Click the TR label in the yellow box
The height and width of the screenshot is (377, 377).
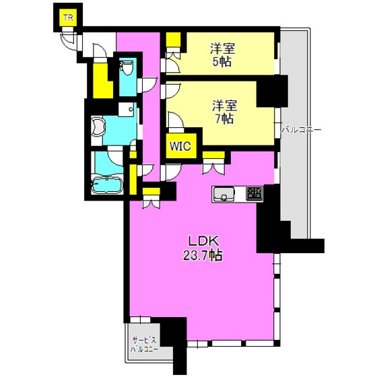[x=68, y=18]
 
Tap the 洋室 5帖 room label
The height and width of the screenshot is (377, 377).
[x=222, y=55]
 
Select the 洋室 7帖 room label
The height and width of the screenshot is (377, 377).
[x=224, y=112]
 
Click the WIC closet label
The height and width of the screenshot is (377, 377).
[x=180, y=146]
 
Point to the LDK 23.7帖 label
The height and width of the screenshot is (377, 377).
[x=203, y=248]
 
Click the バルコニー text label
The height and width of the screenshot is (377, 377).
[x=302, y=130]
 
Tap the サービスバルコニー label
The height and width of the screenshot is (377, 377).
[x=145, y=345]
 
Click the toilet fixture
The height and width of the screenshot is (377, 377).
[x=127, y=67]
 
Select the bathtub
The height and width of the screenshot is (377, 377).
[x=107, y=185]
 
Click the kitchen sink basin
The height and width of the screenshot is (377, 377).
[x=224, y=193]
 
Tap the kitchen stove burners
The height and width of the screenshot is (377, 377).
[x=254, y=194]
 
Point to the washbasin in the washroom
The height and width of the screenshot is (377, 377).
[x=98, y=126]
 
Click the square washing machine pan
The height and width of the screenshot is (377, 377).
[x=127, y=109]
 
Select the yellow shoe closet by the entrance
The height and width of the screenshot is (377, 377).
[x=102, y=81]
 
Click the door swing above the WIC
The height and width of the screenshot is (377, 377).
[x=176, y=120]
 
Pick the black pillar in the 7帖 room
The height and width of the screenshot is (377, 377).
[x=272, y=91]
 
